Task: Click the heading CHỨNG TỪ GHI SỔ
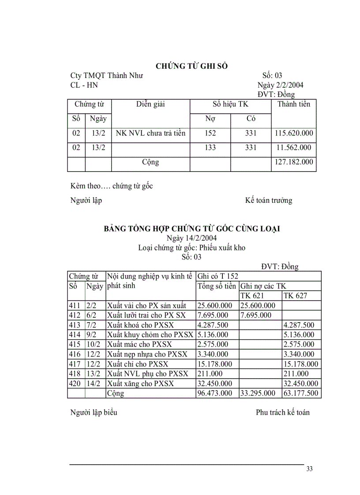pyautogui.click(x=191, y=66)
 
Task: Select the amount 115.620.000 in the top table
pyautogui.click(x=293, y=134)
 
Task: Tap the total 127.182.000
pyautogui.click(x=293, y=162)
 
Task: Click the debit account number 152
pyautogui.click(x=210, y=134)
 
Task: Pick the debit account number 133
pyautogui.click(x=210, y=148)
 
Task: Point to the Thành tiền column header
pyautogui.click(x=293, y=104)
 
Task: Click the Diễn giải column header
pyautogui.click(x=150, y=104)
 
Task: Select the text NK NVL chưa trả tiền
pyautogui.click(x=150, y=134)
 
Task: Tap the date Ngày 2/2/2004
pyautogui.click(x=280, y=85)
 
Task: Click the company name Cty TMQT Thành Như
pyautogui.click(x=106, y=76)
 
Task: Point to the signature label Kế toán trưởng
pyautogui.click(x=268, y=201)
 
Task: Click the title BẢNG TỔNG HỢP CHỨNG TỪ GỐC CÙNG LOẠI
pyautogui.click(x=191, y=229)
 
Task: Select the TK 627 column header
pyautogui.click(x=296, y=296)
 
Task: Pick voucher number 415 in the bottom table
pyautogui.click(x=75, y=344)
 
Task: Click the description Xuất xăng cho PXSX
pyautogui.click(x=140, y=383)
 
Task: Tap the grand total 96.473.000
pyautogui.click(x=215, y=393)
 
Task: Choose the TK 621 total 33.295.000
pyautogui.click(x=258, y=393)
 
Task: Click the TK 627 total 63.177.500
pyautogui.click(x=301, y=393)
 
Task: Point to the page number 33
pyautogui.click(x=309, y=469)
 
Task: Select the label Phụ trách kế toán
pyautogui.click(x=282, y=413)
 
